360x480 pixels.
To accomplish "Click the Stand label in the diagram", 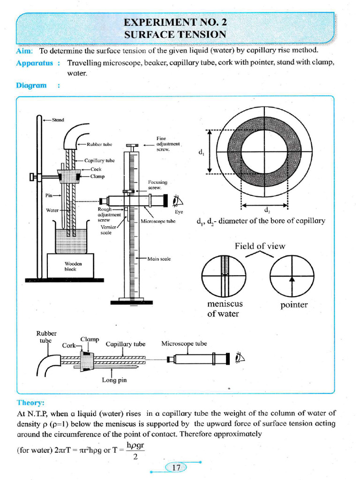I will click(x=58, y=120).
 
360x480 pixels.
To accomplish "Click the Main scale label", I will click(x=159, y=258).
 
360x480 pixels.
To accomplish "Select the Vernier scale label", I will click(x=107, y=230).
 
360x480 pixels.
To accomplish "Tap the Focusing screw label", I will click(x=157, y=185).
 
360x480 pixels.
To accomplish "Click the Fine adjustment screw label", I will click(x=168, y=144).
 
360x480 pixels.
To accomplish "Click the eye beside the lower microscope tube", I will click(x=240, y=359).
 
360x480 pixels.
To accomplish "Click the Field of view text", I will click(x=260, y=246).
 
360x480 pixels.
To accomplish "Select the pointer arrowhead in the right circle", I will click(x=292, y=278).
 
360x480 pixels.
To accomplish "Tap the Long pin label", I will click(x=114, y=380).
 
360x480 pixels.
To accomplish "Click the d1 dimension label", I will click(x=201, y=152).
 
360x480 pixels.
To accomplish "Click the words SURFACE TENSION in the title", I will click(x=175, y=34).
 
